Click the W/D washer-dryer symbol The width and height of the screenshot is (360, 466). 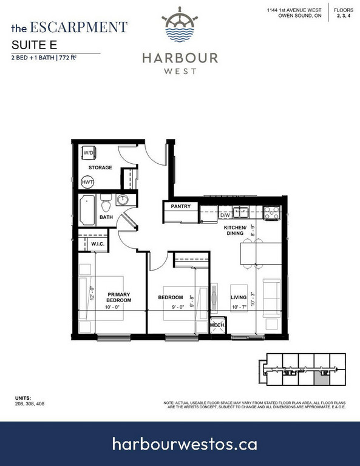88,153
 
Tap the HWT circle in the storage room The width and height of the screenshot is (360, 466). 87,182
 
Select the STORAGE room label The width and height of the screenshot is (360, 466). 100,167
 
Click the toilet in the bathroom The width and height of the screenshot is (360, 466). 106,203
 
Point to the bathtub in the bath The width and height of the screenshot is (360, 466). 87,210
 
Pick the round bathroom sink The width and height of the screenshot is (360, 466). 122,200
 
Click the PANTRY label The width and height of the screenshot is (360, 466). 180,206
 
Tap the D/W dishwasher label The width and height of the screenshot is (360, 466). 225,215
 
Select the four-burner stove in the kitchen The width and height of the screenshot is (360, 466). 272,213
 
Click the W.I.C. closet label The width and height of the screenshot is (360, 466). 98,244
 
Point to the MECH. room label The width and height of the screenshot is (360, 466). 217,325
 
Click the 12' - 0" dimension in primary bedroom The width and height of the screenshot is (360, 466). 92,293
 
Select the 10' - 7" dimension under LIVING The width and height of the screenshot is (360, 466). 239,307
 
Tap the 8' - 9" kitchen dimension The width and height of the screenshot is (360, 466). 253,231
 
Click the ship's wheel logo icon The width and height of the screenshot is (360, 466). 180,24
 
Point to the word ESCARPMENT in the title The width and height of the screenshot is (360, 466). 79,27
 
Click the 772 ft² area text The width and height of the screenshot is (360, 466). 68,58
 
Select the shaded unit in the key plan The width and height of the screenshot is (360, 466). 322,379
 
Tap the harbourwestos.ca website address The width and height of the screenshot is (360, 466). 185,444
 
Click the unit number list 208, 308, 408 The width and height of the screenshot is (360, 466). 30,404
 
